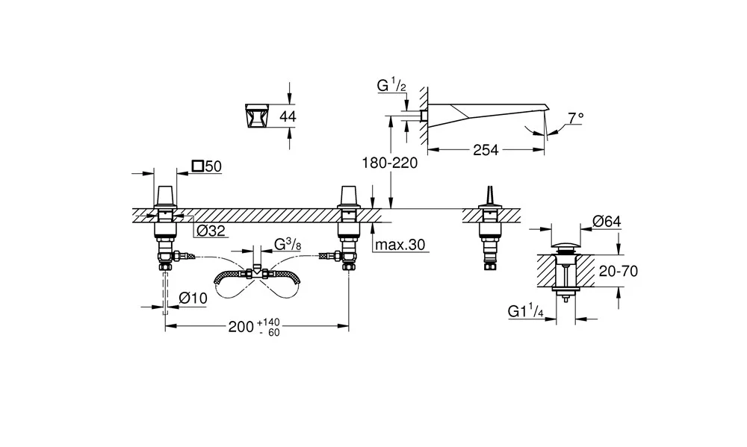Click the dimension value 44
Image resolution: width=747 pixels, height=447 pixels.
(x=288, y=116)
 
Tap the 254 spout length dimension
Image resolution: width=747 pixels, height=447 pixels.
(x=486, y=150)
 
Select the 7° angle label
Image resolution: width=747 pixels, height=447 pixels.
(x=575, y=117)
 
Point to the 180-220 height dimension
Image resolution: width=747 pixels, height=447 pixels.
(x=390, y=163)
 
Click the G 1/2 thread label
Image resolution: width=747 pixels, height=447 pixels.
(x=391, y=86)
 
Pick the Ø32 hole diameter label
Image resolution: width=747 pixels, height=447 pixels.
(x=211, y=231)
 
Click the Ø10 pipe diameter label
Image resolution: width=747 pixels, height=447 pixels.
(x=193, y=298)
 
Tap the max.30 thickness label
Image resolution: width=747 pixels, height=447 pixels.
(x=400, y=245)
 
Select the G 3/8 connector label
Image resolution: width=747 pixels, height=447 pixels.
(x=288, y=244)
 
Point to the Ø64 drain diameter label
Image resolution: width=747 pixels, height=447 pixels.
(x=607, y=222)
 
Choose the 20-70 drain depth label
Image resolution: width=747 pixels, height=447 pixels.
(x=618, y=272)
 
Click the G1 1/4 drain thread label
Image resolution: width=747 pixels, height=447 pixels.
(x=525, y=311)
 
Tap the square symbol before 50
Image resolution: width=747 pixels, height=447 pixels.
(x=198, y=166)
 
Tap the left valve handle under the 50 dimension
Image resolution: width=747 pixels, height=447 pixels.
(x=165, y=196)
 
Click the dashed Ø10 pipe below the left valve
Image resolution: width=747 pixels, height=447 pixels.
(x=165, y=292)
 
